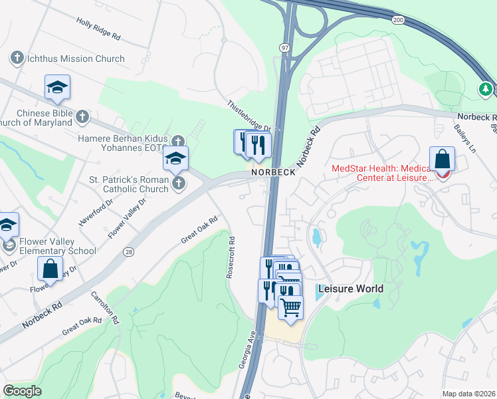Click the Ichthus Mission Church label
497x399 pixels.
point(76,59)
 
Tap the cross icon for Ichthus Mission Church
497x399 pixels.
point(17,59)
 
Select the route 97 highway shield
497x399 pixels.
point(285,48)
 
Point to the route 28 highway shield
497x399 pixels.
point(128,251)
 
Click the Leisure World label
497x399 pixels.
point(351,289)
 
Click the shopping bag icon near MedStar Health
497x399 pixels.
point(442,160)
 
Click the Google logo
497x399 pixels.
point(22,391)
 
